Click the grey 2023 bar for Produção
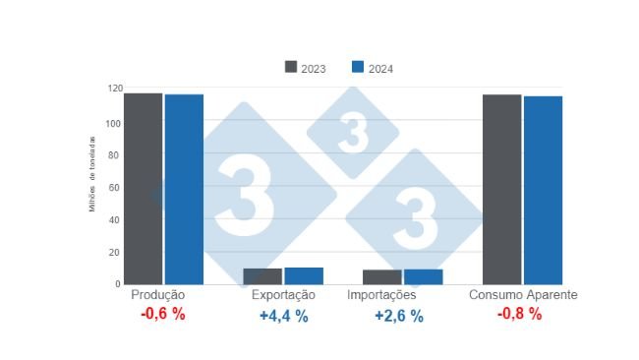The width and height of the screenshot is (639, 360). point(144,189)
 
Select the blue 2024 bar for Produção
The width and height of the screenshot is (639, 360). point(184,189)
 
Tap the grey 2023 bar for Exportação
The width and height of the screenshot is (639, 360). point(262,276)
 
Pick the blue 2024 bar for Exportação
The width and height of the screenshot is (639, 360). point(304,276)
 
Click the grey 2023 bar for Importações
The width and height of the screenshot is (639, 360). point(382,277)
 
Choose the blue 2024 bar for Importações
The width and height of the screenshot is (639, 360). point(423,277)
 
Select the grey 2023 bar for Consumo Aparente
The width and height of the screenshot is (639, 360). point(501,190)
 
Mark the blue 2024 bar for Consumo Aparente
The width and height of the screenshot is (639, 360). point(543,190)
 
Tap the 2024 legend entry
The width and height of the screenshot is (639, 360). point(373,68)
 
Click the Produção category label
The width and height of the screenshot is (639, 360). point(157,295)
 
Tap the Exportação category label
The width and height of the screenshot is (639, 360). point(283,295)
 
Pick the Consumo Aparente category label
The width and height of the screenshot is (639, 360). point(522,295)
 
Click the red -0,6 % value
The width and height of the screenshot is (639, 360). point(162,316)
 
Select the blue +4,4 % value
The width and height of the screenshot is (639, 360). point(283,316)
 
